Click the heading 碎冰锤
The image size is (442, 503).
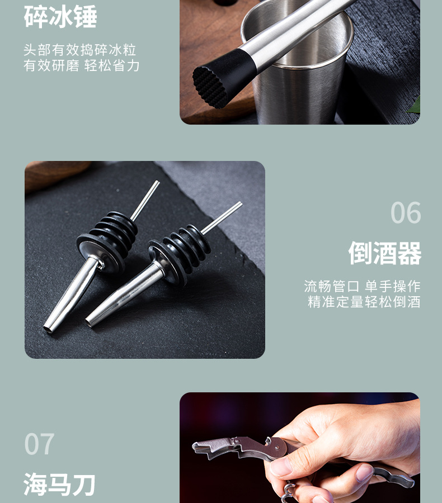pyautogui.click(x=60, y=17)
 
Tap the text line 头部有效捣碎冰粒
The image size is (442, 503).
pyautogui.click(x=80, y=50)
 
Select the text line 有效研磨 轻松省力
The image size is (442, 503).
pyautogui.click(x=82, y=66)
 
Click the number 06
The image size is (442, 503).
pyautogui.click(x=405, y=213)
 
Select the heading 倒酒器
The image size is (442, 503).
pyautogui.click(x=384, y=253)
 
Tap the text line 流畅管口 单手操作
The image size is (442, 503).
pyautogui.click(x=362, y=287)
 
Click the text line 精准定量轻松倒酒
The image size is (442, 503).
pyautogui.click(x=364, y=302)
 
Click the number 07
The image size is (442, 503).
pyautogui.click(x=40, y=444)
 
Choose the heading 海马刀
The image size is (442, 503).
pyautogui.click(x=60, y=484)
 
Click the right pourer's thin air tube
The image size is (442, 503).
pyautogui.click(x=222, y=217)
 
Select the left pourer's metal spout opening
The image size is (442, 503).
pyautogui.click(x=49, y=329)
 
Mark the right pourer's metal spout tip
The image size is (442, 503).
pyautogui.click(x=91, y=321)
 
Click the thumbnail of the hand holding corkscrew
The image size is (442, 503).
pyautogui.click(x=299, y=447)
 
